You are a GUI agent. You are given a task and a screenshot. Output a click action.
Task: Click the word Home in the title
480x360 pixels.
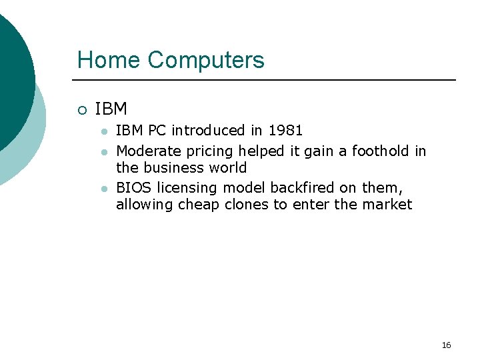click(x=109, y=60)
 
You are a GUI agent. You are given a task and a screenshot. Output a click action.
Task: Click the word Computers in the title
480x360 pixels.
click(x=206, y=60)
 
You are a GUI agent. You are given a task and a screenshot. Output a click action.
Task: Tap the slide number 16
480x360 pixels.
click(x=446, y=345)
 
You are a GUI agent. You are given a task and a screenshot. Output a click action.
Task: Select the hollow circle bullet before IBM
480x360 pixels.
click(x=81, y=109)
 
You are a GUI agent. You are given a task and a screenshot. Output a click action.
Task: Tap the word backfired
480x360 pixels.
click(x=303, y=189)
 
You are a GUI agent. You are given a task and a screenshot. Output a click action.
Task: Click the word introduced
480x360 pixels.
click(x=208, y=130)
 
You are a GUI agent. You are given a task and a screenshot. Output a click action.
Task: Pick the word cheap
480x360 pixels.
click(x=198, y=205)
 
